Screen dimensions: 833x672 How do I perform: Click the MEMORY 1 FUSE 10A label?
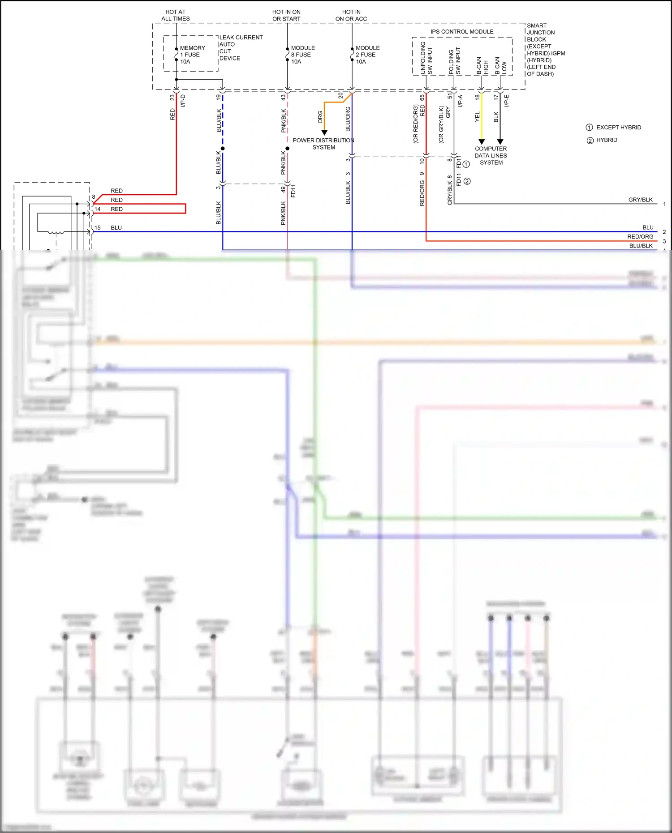click(192, 55)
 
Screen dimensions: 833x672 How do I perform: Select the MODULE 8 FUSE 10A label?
click(303, 55)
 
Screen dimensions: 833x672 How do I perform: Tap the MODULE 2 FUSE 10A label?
click(367, 55)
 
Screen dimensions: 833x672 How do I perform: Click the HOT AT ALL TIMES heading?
click(176, 15)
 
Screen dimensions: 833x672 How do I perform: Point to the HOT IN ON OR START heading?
click(286, 15)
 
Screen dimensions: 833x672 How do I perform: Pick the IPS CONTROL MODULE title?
click(462, 31)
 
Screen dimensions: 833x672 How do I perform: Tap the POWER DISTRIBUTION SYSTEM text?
click(323, 144)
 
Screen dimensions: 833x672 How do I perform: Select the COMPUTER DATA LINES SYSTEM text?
click(491, 155)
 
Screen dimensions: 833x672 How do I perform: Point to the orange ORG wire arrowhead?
click(324, 132)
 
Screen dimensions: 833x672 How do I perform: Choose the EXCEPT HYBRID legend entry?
click(618, 128)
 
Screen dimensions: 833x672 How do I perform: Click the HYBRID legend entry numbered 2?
click(607, 140)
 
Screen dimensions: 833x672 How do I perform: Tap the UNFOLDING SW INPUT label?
click(426, 58)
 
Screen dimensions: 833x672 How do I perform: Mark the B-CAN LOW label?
click(500, 65)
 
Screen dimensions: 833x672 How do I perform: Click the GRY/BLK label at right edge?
click(640, 200)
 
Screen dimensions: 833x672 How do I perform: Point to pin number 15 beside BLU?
click(97, 228)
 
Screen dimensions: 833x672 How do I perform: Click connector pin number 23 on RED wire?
click(172, 98)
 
